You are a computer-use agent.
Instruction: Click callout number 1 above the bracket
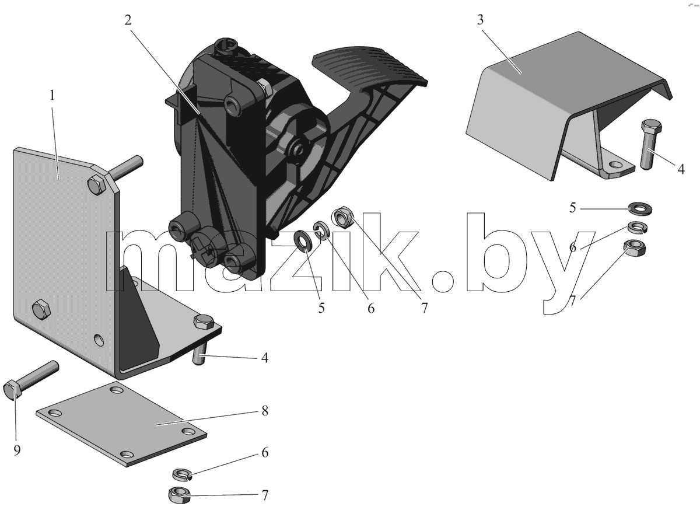click(x=52, y=95)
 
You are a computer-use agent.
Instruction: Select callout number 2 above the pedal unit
click(x=128, y=20)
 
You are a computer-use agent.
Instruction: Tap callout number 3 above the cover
click(x=480, y=20)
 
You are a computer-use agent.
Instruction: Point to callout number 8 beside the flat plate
click(x=265, y=411)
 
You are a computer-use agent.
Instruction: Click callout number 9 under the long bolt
click(x=17, y=450)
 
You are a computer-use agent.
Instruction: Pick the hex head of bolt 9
click(x=12, y=390)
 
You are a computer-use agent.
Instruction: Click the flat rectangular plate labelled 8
click(x=121, y=424)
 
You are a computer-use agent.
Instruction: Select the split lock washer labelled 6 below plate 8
click(x=182, y=474)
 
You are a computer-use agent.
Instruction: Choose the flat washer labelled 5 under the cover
click(x=640, y=208)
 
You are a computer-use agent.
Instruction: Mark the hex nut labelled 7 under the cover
click(x=635, y=248)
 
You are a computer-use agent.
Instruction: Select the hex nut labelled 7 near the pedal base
click(x=343, y=217)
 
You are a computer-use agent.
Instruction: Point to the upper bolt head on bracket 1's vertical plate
click(x=97, y=186)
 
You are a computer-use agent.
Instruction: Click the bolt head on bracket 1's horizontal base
click(x=204, y=322)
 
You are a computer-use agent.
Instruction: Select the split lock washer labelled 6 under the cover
click(x=638, y=228)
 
